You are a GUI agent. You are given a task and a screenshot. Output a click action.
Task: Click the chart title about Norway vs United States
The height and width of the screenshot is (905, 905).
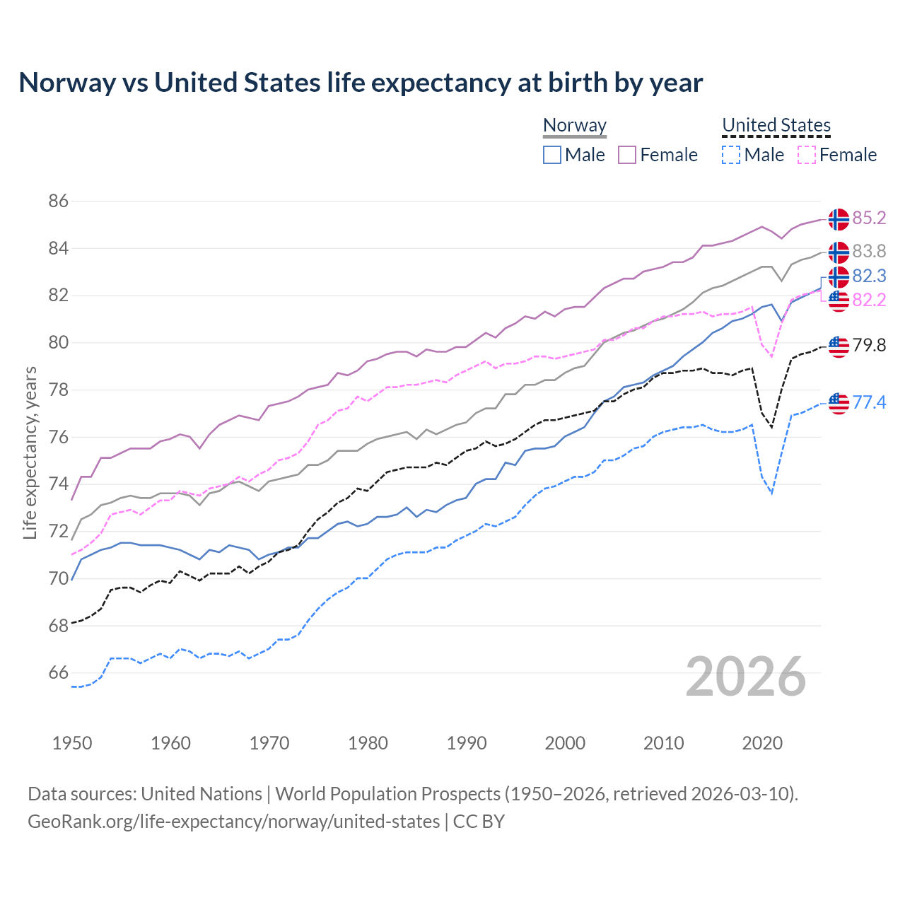(361, 83)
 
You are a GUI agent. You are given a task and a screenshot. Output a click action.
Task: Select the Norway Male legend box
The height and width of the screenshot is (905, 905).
(552, 155)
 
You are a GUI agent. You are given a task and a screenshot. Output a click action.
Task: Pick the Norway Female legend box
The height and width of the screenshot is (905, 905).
(627, 155)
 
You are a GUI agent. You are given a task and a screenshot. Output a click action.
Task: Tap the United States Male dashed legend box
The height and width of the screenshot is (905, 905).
(731, 155)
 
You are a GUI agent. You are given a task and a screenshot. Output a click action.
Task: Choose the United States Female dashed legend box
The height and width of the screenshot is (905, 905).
(806, 155)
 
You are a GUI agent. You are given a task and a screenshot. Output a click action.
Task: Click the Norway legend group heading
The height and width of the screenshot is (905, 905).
(575, 126)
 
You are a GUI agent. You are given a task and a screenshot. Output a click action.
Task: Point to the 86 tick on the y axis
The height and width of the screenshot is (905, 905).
(59, 202)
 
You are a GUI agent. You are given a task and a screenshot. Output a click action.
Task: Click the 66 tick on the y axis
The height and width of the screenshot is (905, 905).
(59, 673)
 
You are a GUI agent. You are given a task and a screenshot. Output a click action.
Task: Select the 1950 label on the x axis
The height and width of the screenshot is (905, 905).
(72, 743)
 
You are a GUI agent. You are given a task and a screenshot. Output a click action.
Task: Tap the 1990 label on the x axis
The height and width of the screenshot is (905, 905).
(467, 743)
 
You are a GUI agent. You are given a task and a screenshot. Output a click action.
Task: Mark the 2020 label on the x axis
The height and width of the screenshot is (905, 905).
(762, 743)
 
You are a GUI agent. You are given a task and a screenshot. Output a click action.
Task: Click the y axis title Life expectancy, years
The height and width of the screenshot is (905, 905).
(30, 452)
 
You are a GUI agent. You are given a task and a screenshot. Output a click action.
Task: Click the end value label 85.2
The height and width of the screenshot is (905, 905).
(869, 218)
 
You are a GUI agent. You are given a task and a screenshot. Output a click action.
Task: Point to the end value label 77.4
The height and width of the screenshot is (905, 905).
(869, 403)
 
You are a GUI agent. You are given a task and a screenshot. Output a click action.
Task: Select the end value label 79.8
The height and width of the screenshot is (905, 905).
(869, 346)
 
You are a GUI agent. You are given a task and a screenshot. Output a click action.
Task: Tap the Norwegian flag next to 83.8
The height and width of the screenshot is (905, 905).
(839, 252)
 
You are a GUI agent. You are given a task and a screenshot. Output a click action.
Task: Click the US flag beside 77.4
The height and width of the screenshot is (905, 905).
(839, 403)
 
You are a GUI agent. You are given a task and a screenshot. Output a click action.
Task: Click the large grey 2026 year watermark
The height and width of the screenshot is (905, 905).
(745, 677)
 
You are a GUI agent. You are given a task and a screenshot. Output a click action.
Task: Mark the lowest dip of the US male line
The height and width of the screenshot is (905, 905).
(771, 493)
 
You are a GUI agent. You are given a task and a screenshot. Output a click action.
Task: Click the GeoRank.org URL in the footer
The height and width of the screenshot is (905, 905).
(233, 822)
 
